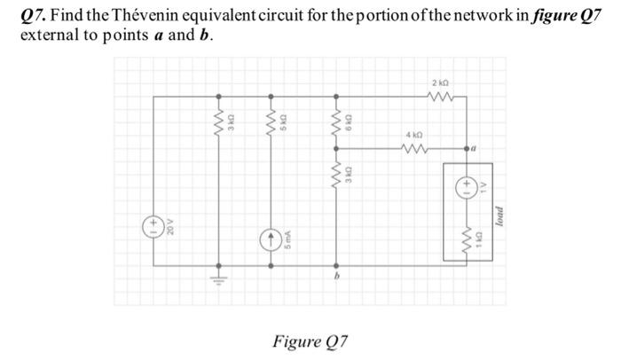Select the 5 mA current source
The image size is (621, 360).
pyautogui.click(x=269, y=238)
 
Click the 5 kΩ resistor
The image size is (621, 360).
pyautogui.click(x=269, y=116)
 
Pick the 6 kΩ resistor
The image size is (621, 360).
pyautogui.click(x=334, y=116)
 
